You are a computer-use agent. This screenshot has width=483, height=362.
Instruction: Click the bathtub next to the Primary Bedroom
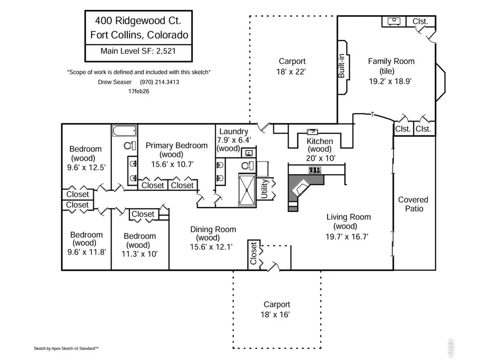tap(124, 131)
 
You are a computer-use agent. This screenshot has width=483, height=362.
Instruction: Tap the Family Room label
tap(391, 61)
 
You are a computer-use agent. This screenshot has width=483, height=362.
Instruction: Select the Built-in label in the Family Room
tap(341, 66)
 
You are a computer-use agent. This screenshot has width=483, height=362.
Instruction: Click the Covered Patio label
tap(413, 204)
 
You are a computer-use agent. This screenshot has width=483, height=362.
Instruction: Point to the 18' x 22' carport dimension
tap(291, 72)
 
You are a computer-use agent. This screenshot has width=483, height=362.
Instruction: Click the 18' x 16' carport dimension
tap(275, 314)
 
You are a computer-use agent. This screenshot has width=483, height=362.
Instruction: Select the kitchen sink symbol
tap(312, 132)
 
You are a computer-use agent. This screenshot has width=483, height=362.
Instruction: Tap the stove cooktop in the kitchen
tap(315, 169)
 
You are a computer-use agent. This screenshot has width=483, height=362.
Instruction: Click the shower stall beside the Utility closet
tap(247, 190)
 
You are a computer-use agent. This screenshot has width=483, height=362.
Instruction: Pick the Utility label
tap(265, 189)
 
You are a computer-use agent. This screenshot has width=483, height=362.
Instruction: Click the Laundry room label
tap(234, 131)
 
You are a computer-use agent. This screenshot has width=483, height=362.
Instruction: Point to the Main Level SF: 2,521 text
tap(138, 51)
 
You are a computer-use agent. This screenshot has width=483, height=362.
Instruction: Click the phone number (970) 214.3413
tap(160, 82)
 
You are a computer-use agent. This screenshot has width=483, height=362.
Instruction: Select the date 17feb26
tap(139, 91)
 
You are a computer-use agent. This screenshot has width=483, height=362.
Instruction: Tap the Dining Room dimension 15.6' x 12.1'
tap(211, 247)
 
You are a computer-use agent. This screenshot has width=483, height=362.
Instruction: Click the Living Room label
tap(349, 217)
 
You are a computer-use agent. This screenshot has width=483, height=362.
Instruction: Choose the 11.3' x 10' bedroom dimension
tap(139, 254)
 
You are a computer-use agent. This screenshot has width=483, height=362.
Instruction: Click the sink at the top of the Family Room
tap(394, 21)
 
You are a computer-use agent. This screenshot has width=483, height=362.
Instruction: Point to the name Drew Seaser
tap(115, 82)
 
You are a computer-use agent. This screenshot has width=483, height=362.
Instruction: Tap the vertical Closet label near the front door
tap(254, 253)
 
